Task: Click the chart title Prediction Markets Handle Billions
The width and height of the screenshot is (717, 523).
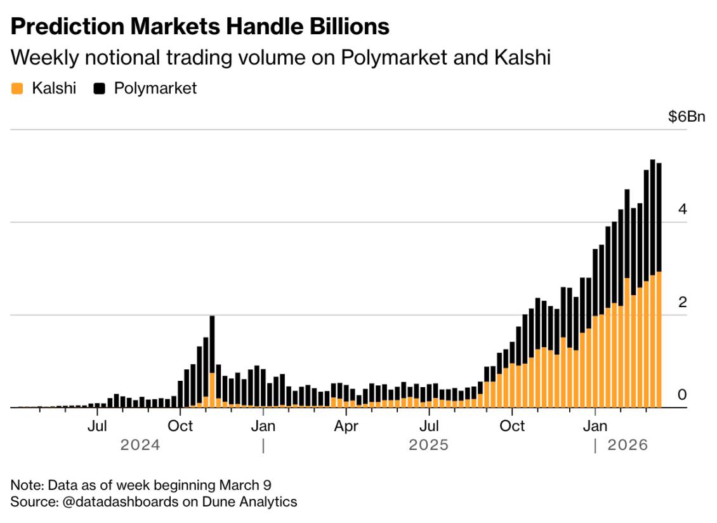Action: click(200, 26)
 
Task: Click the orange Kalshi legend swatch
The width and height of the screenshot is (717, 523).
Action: click(18, 88)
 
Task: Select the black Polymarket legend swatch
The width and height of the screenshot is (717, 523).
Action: click(99, 88)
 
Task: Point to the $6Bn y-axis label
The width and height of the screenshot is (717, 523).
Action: click(686, 117)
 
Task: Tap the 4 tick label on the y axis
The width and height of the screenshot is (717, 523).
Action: click(682, 209)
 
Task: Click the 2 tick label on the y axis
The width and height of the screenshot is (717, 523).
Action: click(682, 302)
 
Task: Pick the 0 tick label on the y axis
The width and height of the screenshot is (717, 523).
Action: click(682, 395)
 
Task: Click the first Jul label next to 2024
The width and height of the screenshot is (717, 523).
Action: click(97, 425)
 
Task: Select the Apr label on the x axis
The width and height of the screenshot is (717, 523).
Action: click(346, 425)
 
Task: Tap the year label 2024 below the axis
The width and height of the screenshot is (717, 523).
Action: click(140, 445)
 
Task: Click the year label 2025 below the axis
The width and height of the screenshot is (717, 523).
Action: click(428, 445)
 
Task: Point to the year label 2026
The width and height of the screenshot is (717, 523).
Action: click(628, 445)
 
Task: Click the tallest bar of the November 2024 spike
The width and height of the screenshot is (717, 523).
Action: click(212, 362)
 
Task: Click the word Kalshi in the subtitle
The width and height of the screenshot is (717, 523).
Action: click(521, 58)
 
